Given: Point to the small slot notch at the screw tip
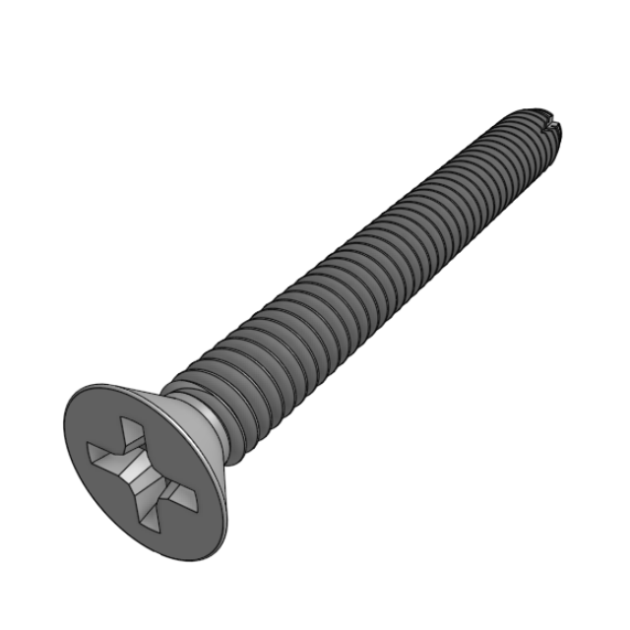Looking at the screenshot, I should (x=557, y=124).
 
